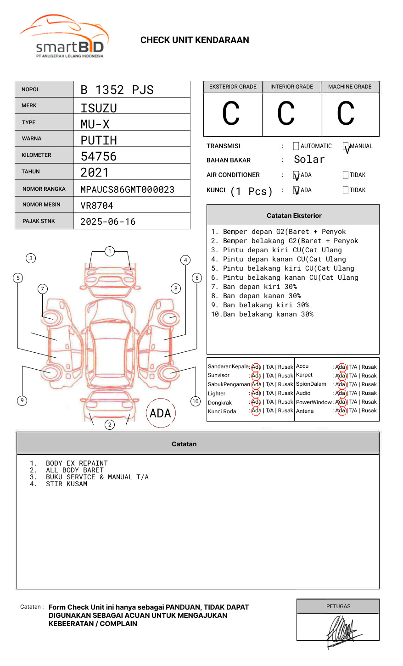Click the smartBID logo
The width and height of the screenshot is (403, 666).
(x=64, y=37)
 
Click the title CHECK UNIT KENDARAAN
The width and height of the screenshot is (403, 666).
(x=195, y=40)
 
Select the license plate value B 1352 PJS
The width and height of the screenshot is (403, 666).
(x=117, y=90)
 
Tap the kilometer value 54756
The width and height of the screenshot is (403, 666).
(x=99, y=156)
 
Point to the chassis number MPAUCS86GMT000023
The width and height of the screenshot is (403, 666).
(x=127, y=189)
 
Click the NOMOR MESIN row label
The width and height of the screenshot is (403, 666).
(x=41, y=205)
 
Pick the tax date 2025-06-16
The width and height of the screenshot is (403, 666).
(x=108, y=222)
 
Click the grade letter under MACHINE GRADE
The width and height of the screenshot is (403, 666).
(x=346, y=114)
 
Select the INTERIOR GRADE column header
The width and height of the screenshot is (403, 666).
(x=291, y=87)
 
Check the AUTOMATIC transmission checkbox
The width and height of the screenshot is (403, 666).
(x=296, y=146)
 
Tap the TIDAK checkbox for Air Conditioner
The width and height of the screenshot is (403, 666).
(x=346, y=175)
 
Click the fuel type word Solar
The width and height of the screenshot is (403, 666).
(x=309, y=160)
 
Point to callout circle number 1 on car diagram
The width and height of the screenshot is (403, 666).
(x=109, y=251)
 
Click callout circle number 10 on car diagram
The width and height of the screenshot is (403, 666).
(x=196, y=401)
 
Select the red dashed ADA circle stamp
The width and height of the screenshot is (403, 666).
(x=160, y=413)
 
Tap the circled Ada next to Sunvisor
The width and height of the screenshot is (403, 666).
(x=256, y=376)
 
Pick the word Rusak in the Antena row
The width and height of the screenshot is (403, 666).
(x=369, y=411)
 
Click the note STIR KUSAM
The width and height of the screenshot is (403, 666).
(x=67, y=484)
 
